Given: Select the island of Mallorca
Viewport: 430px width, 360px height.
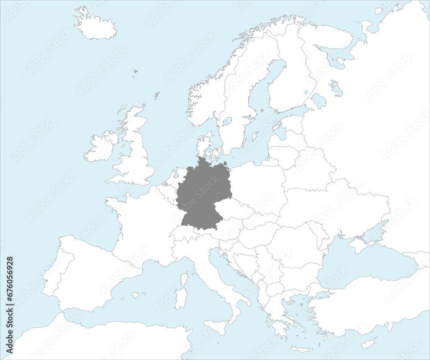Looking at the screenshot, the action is coord(135,295).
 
